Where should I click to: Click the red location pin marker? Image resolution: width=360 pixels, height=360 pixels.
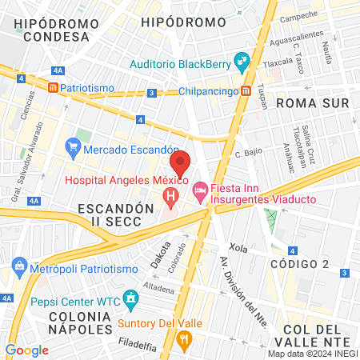point(182,162)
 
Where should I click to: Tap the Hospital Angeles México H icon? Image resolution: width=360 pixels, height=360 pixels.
point(170,195)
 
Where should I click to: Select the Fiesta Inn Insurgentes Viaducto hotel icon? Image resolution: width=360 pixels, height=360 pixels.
point(200,190)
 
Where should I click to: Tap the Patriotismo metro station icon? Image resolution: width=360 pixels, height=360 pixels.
point(53,86)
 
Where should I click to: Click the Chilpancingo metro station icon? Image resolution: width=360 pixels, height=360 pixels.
point(248,90)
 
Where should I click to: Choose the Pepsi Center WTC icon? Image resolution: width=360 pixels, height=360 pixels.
point(130,301)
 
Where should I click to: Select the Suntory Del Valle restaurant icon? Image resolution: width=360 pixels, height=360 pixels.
point(185,341)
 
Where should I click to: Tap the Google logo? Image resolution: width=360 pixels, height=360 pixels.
point(26,350)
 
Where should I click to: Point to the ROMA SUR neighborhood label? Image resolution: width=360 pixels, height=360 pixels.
point(313,103)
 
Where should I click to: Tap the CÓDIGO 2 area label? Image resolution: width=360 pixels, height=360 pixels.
point(300,264)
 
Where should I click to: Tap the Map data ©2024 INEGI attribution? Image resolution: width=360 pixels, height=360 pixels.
point(313,353)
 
